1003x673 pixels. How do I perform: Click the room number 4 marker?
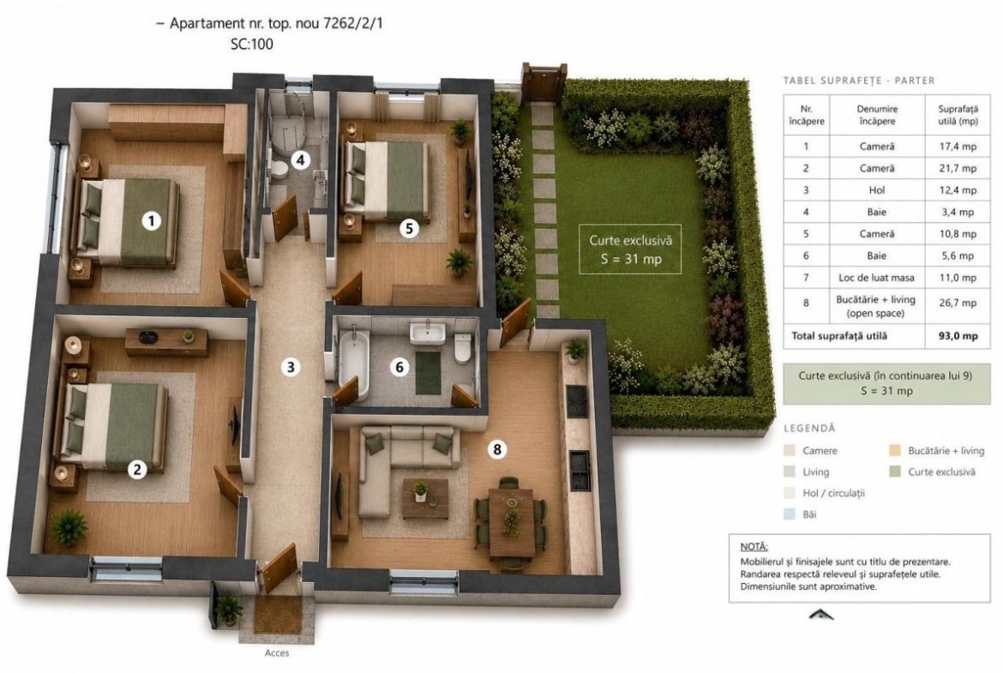[x=301, y=159]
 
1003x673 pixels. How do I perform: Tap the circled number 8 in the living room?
[x=497, y=449]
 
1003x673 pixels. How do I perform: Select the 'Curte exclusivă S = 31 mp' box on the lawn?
[x=630, y=249]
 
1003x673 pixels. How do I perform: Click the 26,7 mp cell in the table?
[x=958, y=303]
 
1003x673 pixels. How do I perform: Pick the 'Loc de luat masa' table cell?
[x=876, y=278]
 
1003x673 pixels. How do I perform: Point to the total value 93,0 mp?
[x=958, y=336]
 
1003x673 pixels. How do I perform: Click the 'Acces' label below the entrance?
[x=277, y=653]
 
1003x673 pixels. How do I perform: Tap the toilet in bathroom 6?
[x=462, y=349]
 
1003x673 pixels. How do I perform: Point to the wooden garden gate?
[x=544, y=82]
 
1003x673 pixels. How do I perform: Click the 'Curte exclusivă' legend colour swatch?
[x=895, y=472]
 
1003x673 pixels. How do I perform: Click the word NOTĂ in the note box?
[x=754, y=547]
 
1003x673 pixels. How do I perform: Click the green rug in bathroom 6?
[x=428, y=372]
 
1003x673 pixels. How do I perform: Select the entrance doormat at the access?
[x=279, y=615]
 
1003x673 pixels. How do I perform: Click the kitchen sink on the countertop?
[x=580, y=470]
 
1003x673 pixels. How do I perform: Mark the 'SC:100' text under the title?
[x=251, y=44]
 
